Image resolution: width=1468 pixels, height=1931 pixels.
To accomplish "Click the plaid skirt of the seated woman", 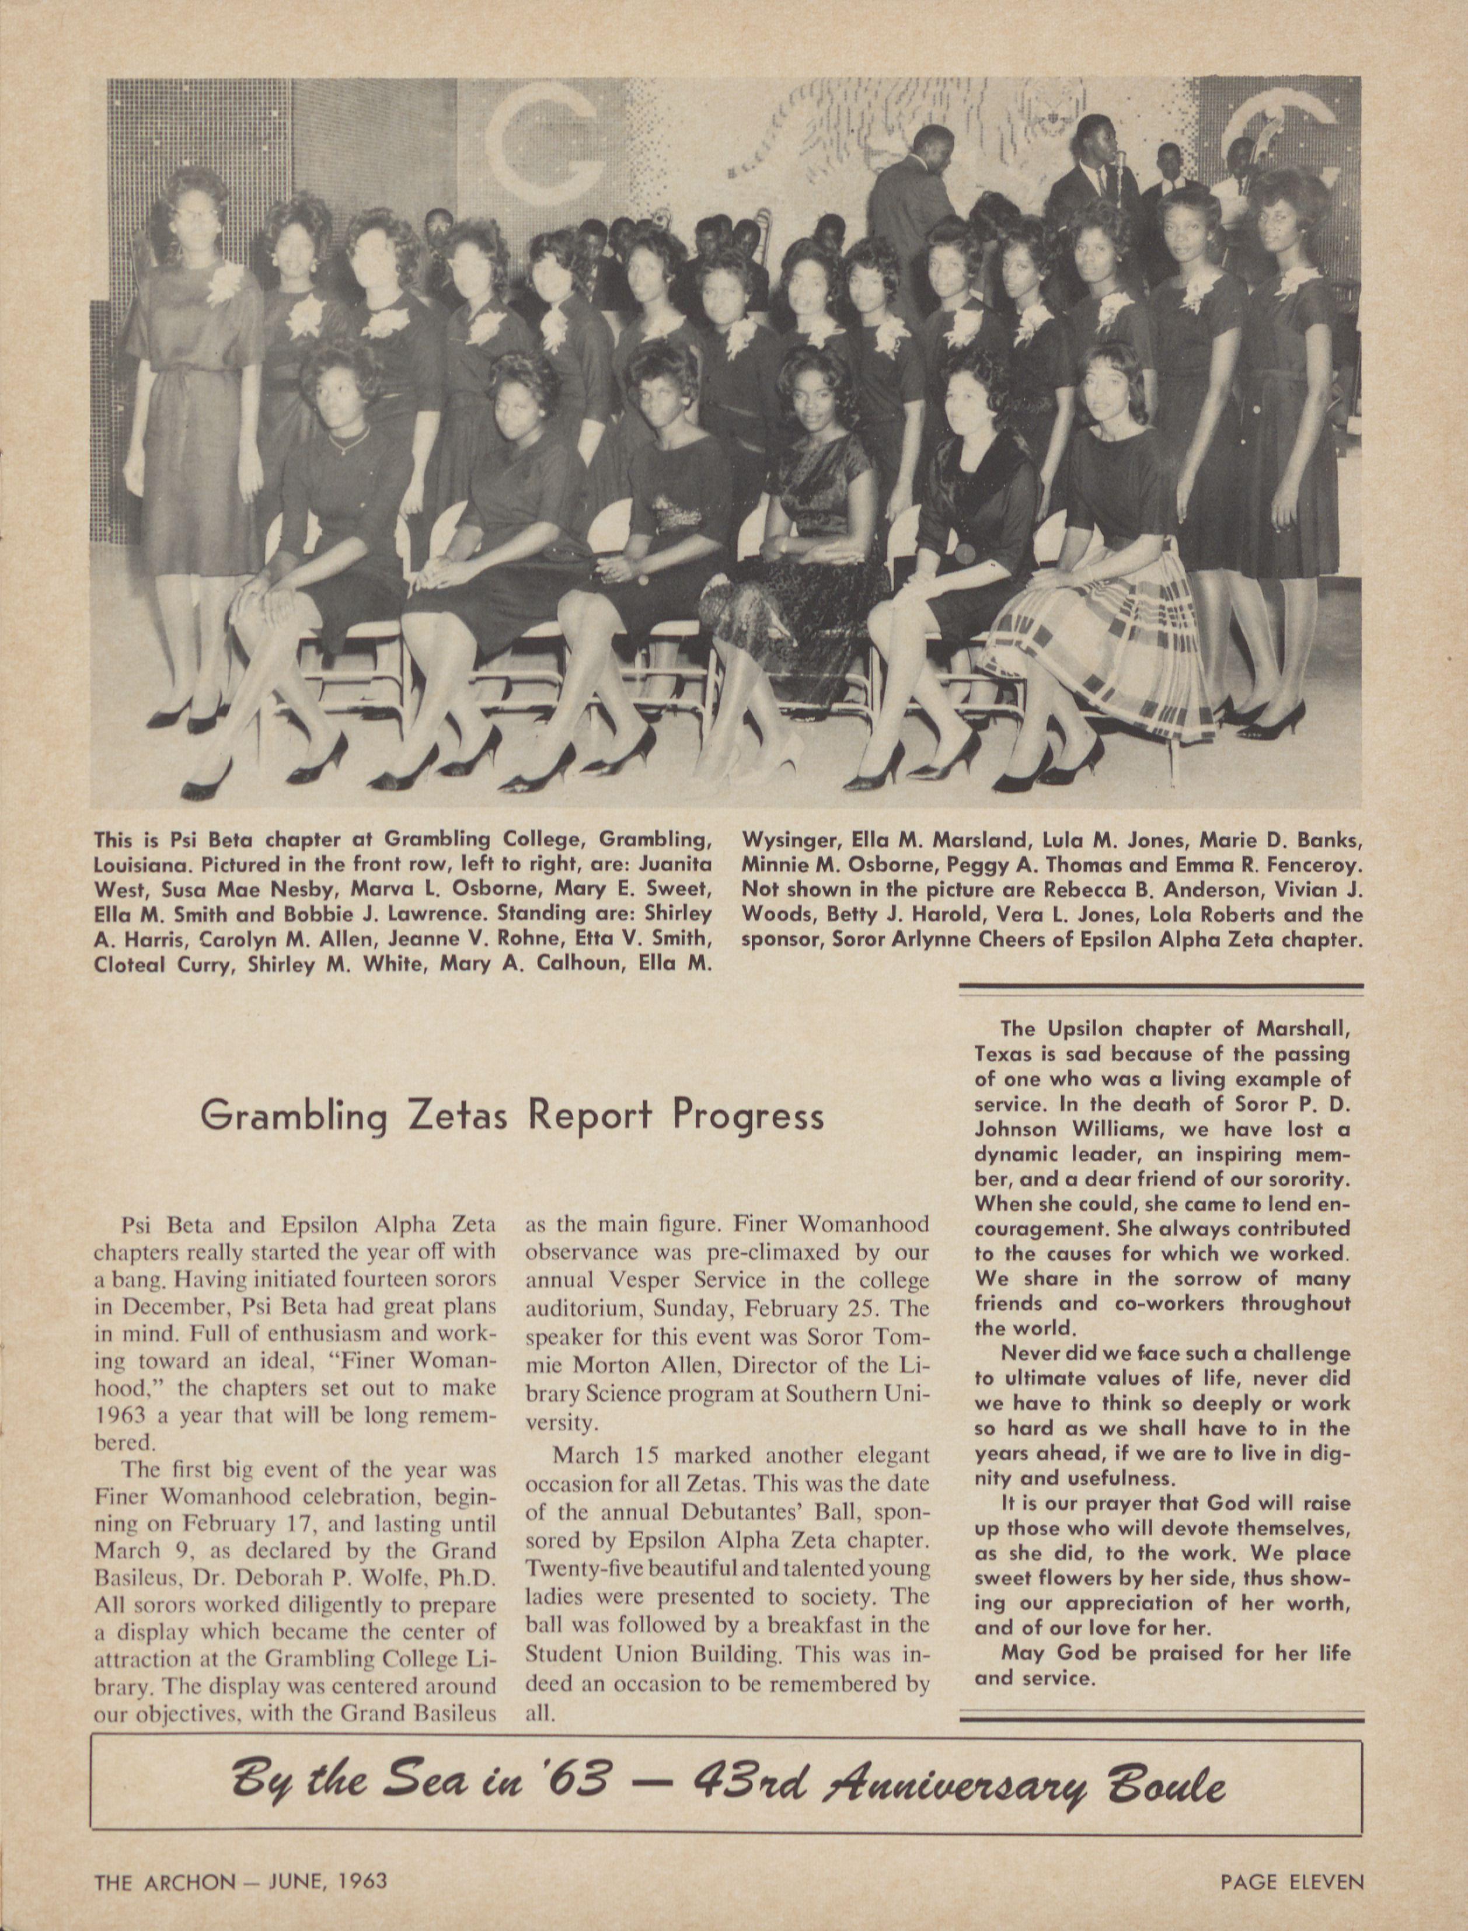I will pyautogui.click(x=1101, y=621).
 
